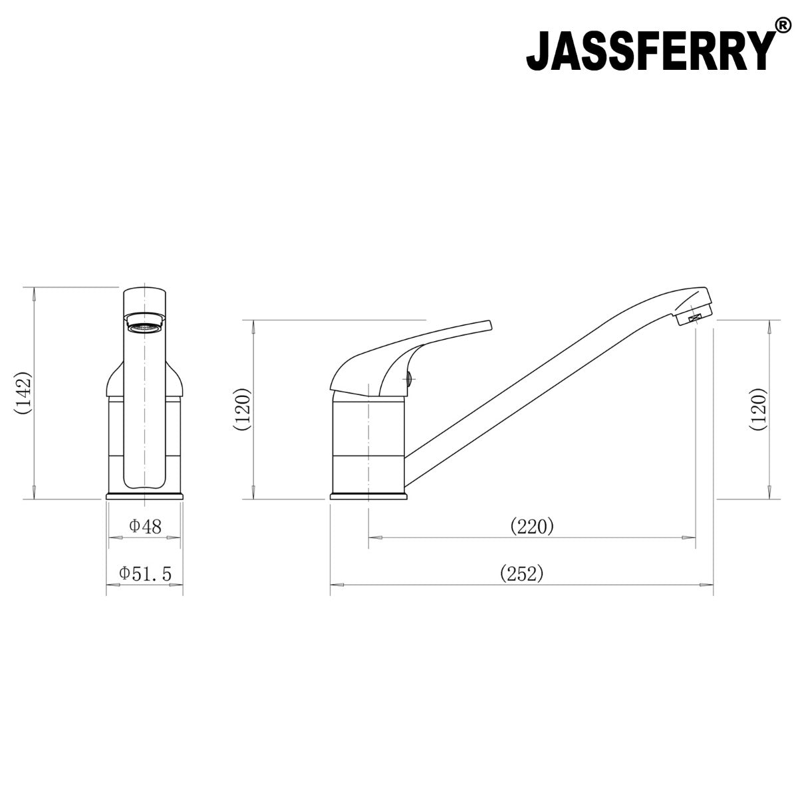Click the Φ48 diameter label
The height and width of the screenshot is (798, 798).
pyautogui.click(x=145, y=527)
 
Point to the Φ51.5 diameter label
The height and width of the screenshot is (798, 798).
pyautogui.click(x=145, y=573)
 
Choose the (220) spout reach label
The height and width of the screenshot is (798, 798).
pyautogui.click(x=532, y=527)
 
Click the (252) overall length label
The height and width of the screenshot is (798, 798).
pyautogui.click(x=522, y=573)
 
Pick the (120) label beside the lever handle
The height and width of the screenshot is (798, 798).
pyautogui.click(x=242, y=408)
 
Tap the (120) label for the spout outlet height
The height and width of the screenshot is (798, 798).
pyautogui.click(x=759, y=408)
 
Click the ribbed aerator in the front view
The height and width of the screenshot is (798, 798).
pyautogui.click(x=145, y=327)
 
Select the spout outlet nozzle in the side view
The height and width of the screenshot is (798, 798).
pyautogui.click(x=692, y=317)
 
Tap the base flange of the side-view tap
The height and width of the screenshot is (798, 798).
pyautogui.click(x=369, y=495)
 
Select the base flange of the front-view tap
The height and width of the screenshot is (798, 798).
pyautogui.click(x=145, y=495)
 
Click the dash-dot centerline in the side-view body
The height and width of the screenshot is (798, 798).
pyautogui.click(x=368, y=439)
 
